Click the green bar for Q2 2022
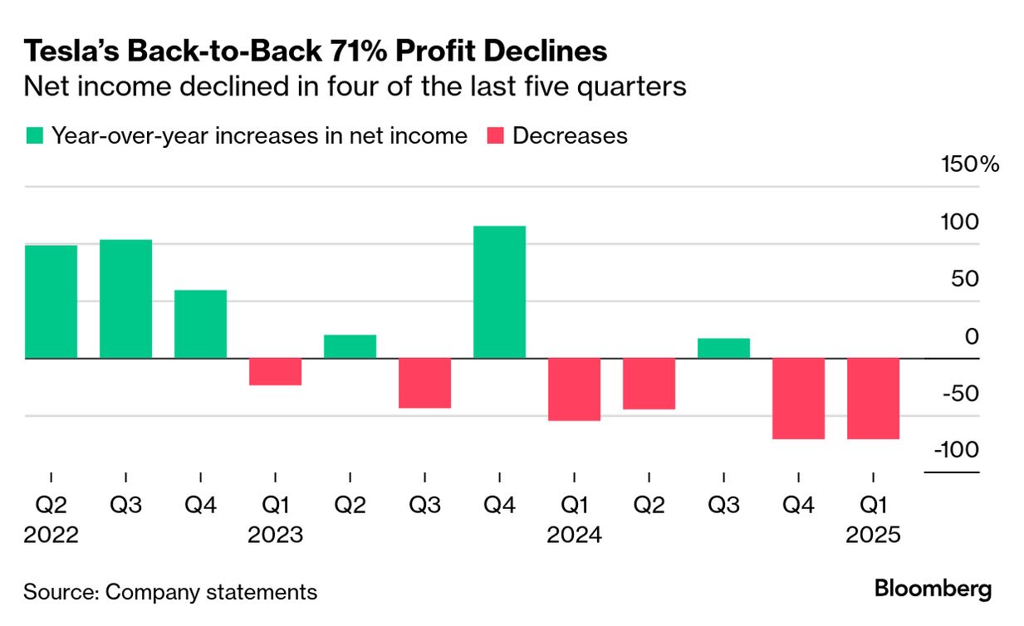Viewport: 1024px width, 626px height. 51,301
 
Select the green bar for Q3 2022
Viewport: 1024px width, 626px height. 125,299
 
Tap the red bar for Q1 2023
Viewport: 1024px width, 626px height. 275,371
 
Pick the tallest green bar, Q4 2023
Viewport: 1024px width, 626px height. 499,291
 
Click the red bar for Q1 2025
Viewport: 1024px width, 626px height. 873,399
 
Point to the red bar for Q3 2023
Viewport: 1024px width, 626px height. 424,383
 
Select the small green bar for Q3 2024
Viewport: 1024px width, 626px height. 723,348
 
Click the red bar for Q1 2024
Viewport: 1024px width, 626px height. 574,389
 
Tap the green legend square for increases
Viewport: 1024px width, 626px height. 34,136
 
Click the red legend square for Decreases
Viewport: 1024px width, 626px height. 495,136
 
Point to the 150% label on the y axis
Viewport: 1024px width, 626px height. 969,164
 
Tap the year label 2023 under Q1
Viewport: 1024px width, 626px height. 275,536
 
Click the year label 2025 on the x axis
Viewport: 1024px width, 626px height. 873,536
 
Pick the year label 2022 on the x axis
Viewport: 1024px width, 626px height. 51,536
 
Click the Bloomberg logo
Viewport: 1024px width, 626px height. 933,589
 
